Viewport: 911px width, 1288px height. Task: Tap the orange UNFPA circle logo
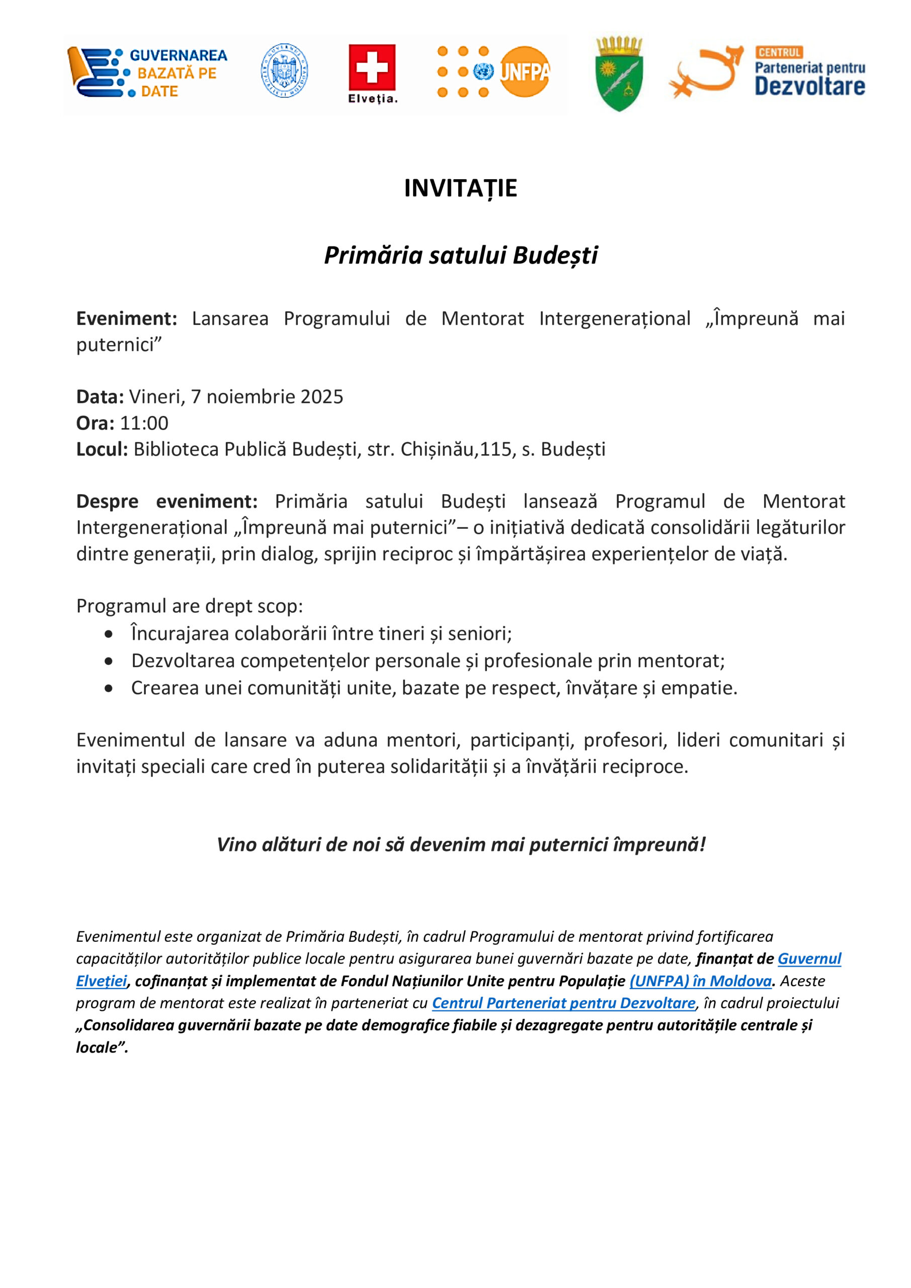coord(525,72)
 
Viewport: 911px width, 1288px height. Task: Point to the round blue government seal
coord(284,70)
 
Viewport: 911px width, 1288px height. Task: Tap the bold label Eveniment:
coord(127,318)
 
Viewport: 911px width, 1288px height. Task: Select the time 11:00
coord(144,423)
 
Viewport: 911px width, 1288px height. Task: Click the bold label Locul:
coord(102,449)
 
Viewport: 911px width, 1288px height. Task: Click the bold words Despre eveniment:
coord(167,501)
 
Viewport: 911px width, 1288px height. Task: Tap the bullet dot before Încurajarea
coord(108,634)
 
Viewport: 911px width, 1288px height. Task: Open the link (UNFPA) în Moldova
coord(700,981)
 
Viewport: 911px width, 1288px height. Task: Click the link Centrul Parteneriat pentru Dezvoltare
coord(563,1003)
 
